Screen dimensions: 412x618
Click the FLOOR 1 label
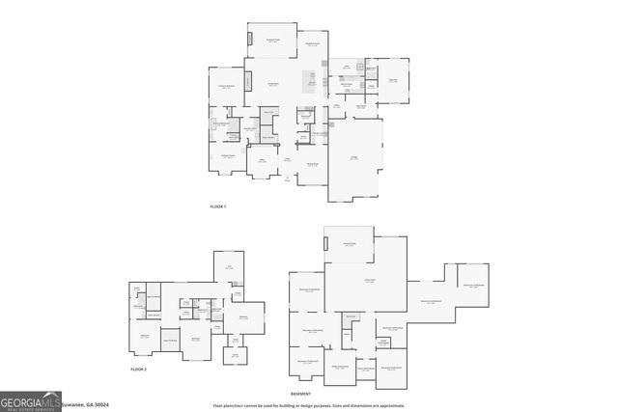coord(217,207)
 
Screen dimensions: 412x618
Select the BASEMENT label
coord(301,395)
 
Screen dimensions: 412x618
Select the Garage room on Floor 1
coord(354,159)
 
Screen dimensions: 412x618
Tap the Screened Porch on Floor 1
coord(273,41)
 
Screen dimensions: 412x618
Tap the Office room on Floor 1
coord(262,161)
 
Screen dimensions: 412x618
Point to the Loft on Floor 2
coord(229,266)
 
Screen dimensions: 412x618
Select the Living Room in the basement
coord(369,280)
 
